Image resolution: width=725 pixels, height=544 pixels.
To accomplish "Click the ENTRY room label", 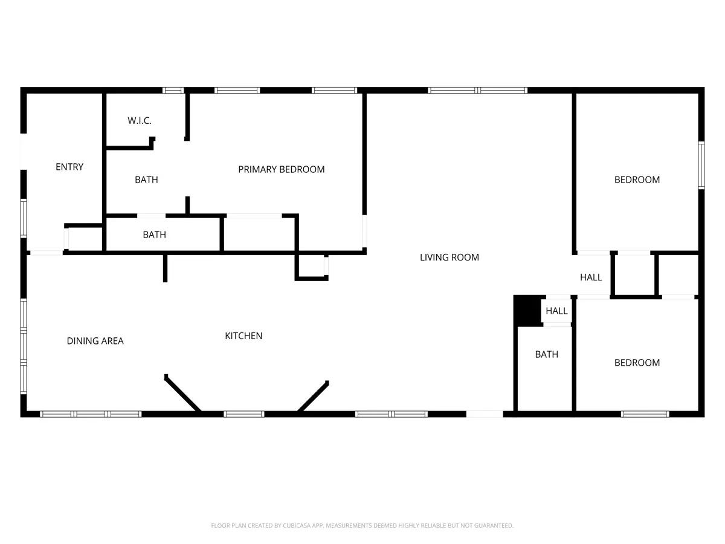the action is [x=69, y=167].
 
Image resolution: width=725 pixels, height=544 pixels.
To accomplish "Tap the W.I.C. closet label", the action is [x=140, y=120].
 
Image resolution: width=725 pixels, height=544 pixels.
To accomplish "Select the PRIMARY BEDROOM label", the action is [x=282, y=169].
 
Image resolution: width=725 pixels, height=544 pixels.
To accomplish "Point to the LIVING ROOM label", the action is [x=449, y=257].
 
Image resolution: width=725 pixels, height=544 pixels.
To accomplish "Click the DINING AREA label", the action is [x=95, y=341].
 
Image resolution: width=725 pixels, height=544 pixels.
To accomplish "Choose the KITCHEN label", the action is [x=243, y=336].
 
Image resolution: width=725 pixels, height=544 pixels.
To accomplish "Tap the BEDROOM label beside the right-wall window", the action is [x=637, y=180].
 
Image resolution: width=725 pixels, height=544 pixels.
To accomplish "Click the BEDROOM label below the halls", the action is [x=637, y=363].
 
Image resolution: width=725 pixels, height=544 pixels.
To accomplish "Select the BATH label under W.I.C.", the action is [x=146, y=180].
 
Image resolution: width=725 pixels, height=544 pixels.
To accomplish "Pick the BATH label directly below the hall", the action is [x=547, y=354].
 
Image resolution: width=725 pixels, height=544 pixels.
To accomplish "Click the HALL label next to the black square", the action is [x=556, y=311].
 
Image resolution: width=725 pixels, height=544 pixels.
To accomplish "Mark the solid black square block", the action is [x=527, y=311].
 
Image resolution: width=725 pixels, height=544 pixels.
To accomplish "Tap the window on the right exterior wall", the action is [x=701, y=165].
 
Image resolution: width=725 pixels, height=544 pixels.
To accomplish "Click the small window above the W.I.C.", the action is [x=173, y=90].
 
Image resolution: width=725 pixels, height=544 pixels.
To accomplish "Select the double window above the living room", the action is [x=478, y=90].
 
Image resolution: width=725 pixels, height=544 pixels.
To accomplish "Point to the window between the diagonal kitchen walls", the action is [x=243, y=414].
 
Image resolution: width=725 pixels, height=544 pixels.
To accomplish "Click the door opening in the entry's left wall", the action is [x=24, y=152].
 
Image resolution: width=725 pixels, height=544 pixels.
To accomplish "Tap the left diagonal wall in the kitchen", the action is [x=182, y=393].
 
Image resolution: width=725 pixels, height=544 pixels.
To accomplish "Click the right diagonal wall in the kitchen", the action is [x=313, y=397].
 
